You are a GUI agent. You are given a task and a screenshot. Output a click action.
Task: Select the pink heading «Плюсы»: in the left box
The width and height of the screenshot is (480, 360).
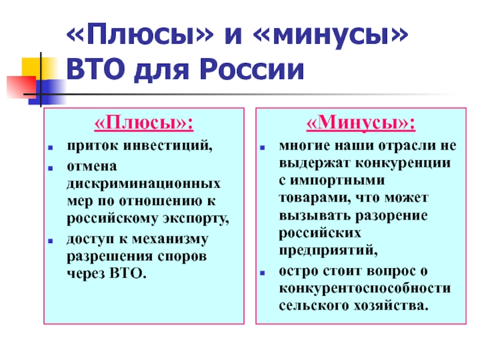point(144,123)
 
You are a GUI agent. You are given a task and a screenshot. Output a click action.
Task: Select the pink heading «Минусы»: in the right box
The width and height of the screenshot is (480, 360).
point(361,123)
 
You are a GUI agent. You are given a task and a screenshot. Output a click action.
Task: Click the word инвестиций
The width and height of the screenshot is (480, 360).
point(168,146)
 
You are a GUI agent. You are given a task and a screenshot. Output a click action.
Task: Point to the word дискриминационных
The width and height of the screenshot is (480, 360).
point(143,184)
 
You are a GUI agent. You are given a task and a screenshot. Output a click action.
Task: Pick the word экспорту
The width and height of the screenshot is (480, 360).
point(196,218)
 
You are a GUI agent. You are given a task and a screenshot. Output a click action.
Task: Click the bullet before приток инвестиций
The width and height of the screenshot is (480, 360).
point(50,148)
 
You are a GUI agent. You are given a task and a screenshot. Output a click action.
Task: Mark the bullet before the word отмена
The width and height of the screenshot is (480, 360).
point(50,168)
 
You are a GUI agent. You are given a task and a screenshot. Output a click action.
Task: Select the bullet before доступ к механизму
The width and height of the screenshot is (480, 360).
point(50,241)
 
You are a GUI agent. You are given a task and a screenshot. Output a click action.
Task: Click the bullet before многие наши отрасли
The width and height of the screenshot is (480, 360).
point(262,148)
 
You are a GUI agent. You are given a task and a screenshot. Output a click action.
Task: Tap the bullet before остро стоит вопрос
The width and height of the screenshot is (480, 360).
point(262,272)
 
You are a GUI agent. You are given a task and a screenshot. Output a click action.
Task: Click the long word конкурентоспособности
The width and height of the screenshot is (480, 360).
point(365,289)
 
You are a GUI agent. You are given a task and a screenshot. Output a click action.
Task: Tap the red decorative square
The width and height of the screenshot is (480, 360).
point(22,87)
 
